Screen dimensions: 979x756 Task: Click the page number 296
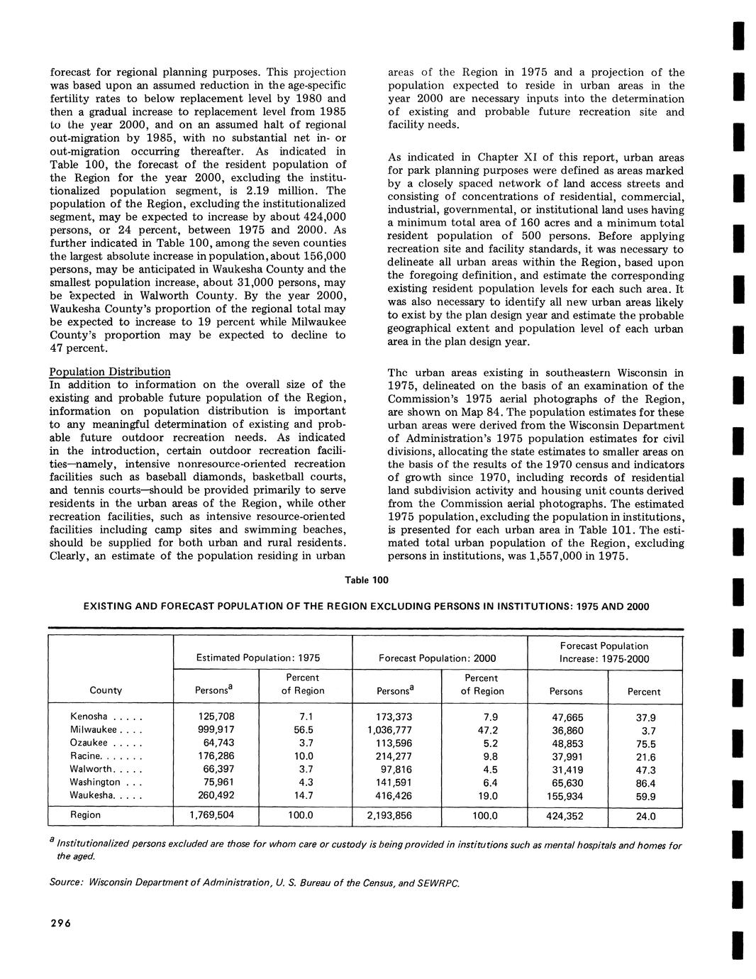point(60,923)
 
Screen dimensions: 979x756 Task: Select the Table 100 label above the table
point(366,580)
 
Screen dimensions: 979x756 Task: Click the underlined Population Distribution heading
point(109,372)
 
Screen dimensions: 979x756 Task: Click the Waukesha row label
point(92,795)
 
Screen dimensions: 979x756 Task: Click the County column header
point(106,690)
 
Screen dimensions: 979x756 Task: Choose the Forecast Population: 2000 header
point(438,658)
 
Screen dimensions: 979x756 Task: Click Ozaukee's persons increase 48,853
point(567,743)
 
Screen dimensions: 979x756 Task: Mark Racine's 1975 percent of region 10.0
point(303,756)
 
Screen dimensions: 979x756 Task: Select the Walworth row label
point(91,769)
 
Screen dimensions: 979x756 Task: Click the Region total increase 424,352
point(565,817)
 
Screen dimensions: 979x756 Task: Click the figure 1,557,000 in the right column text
point(567,557)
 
